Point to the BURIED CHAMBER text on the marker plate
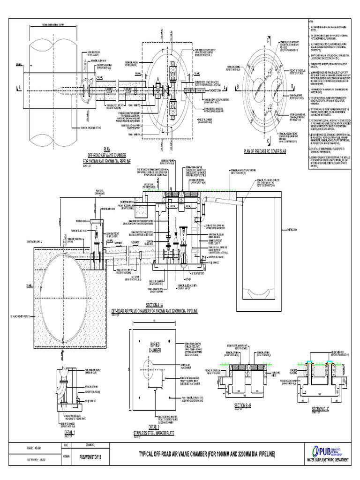click(x=155, y=347)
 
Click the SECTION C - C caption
click(x=321, y=408)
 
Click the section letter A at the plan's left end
click(x=19, y=87)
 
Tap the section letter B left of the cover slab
click(x=238, y=87)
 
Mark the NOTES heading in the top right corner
click(x=310, y=22)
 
